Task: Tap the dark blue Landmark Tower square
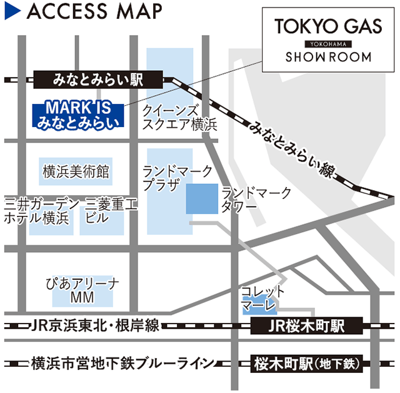pyautogui.click(x=202, y=199)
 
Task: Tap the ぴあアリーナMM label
pyautogui.click(x=82, y=290)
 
